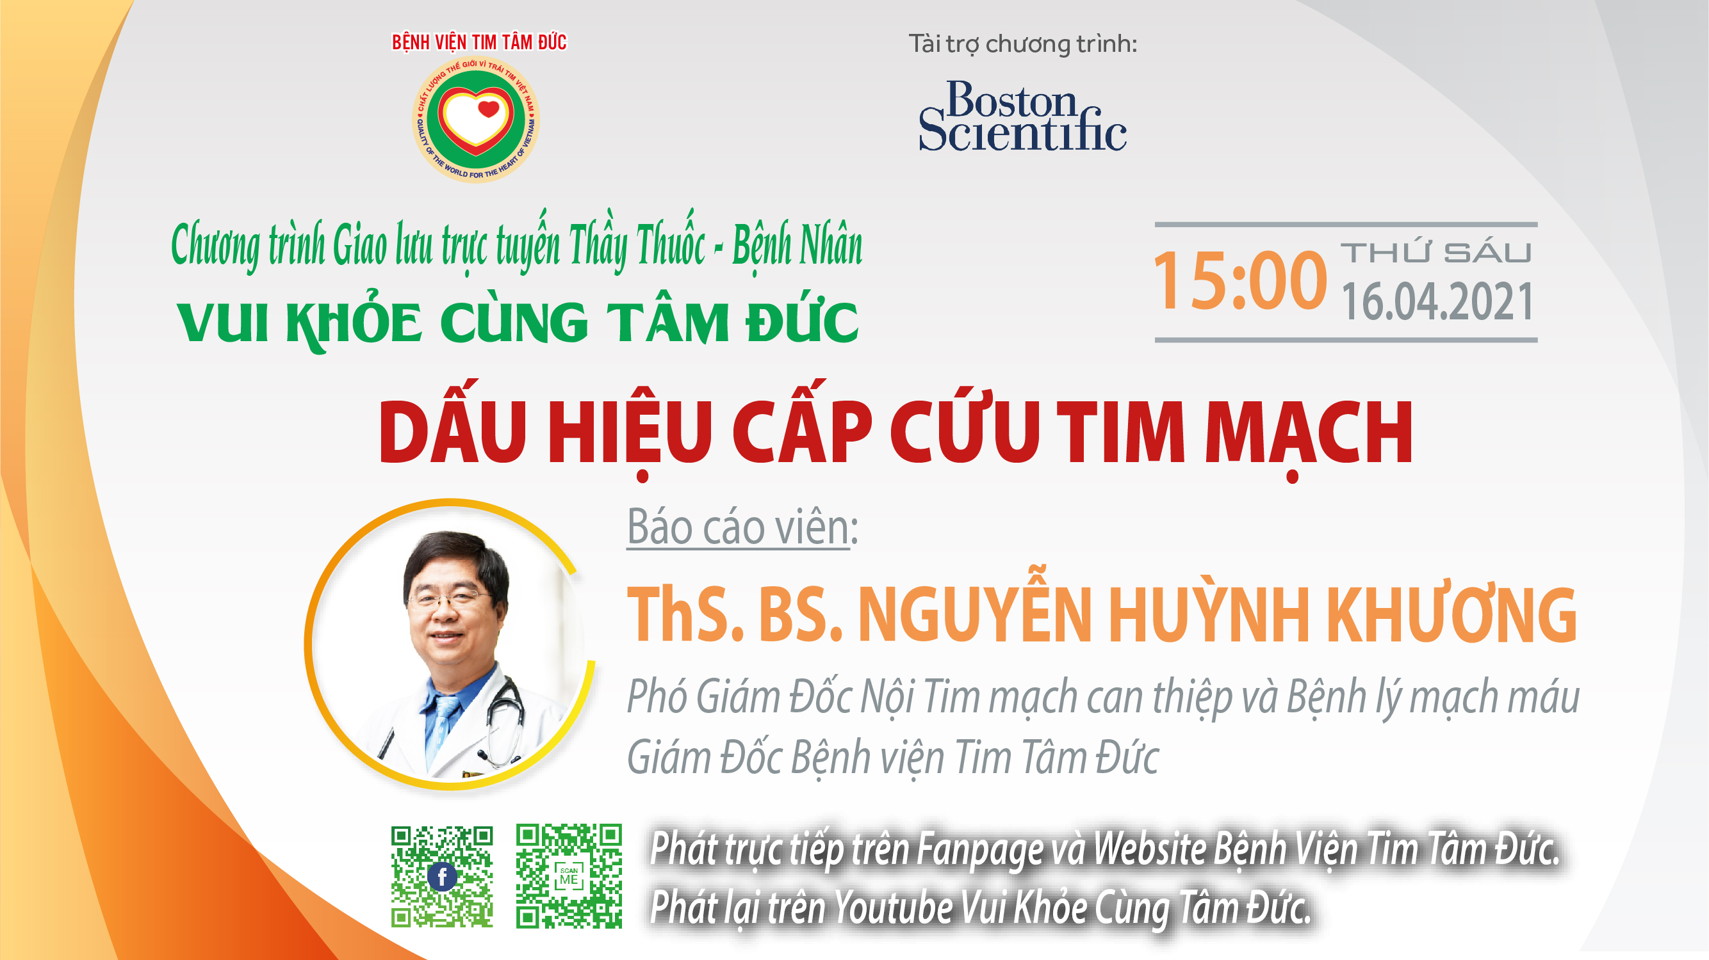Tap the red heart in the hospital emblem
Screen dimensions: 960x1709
488,109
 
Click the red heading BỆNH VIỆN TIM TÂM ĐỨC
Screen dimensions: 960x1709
479,42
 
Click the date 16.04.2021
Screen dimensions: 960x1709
1437,302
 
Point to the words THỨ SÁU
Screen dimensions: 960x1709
1435,253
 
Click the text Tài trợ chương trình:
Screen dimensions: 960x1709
1022,44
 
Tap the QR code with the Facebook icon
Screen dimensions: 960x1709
442,876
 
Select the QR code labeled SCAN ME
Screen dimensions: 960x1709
569,876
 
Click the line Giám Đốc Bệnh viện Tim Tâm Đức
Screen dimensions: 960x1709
892,758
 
